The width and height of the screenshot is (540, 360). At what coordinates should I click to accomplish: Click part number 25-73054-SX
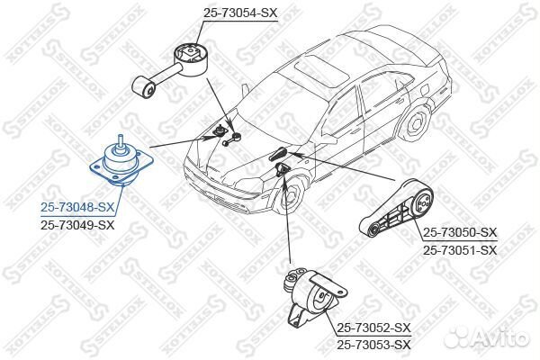pyautogui.click(x=240, y=13)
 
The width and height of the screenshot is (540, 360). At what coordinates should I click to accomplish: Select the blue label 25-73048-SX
pyautogui.click(x=77, y=207)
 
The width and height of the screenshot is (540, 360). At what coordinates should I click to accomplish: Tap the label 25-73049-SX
pyautogui.click(x=77, y=225)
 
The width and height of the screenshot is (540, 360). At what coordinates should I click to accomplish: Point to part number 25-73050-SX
pyautogui.click(x=460, y=232)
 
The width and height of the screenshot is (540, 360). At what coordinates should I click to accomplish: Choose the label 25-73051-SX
pyautogui.click(x=460, y=250)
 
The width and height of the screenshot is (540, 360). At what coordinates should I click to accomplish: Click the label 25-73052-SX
pyautogui.click(x=373, y=328)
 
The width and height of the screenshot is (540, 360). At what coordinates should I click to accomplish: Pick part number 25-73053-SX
pyautogui.click(x=373, y=345)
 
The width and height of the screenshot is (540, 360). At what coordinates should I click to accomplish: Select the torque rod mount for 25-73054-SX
pyautogui.click(x=170, y=70)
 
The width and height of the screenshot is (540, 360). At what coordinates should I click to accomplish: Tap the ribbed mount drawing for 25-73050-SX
pyautogui.click(x=396, y=209)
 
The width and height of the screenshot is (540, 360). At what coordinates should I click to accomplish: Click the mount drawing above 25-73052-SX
pyautogui.click(x=315, y=297)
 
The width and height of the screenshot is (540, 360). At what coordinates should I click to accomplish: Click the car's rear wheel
pyautogui.click(x=416, y=123)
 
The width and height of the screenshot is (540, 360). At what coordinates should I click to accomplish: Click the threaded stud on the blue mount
pyautogui.click(x=121, y=142)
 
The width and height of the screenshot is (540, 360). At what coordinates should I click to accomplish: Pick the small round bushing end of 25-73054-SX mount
pyautogui.click(x=143, y=88)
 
